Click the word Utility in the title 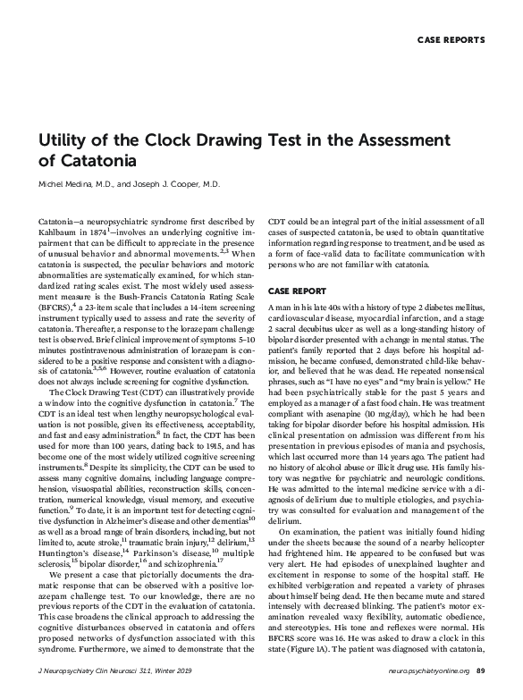pos(62,139)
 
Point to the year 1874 pos(110,231)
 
